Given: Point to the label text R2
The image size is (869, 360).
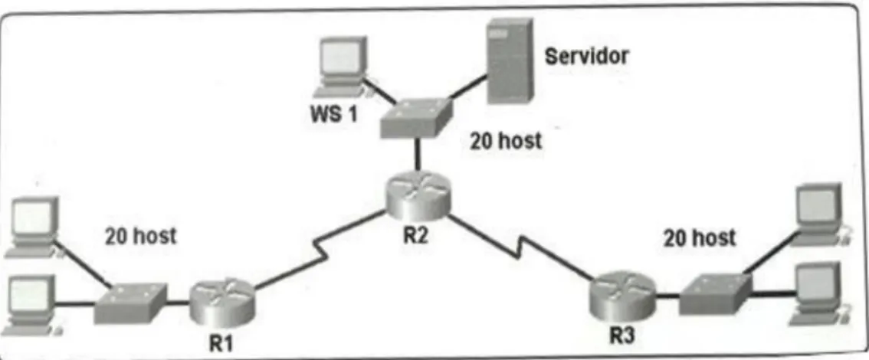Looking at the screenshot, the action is pos(416,235).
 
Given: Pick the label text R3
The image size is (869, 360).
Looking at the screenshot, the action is pos(621,335).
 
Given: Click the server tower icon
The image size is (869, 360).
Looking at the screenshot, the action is pos(510,61).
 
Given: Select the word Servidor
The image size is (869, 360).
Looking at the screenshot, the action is pos(587,56).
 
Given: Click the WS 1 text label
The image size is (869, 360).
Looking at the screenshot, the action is pos(334,115).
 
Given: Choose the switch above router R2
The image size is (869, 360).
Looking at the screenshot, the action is pos(416,119).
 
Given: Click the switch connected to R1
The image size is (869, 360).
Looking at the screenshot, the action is pos(131,303).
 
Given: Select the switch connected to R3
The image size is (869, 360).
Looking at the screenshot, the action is pos(716,293).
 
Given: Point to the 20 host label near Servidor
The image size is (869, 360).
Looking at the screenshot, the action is pos(506,141).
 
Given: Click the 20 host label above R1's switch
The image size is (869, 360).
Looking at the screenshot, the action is pos(141,237).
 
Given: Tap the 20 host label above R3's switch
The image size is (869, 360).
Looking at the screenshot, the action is pos(700,238).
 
